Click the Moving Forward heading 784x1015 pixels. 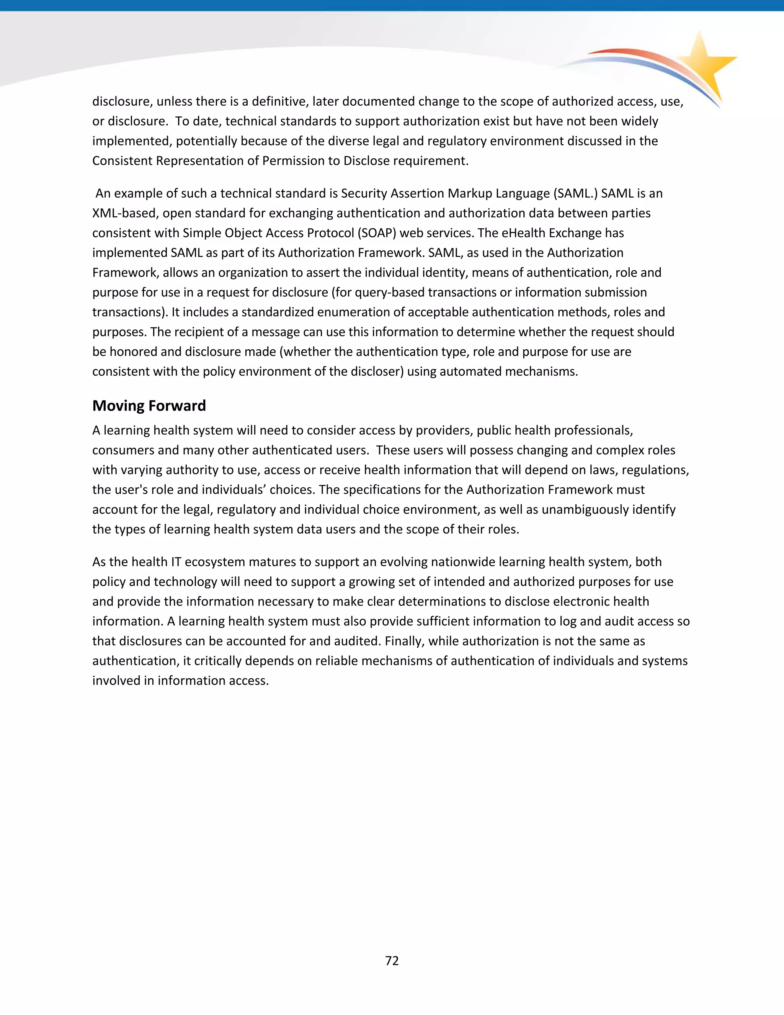point(149,406)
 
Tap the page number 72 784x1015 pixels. point(392,961)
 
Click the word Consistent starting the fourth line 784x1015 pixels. point(122,161)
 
